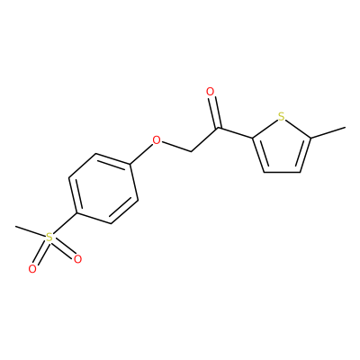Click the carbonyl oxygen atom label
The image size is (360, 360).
211,92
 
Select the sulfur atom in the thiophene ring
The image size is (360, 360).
281,117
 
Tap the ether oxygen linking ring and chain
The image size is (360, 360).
157,139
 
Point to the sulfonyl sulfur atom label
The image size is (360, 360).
49,238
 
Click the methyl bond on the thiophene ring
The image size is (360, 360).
328,133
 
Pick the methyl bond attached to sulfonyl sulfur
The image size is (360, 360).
30,231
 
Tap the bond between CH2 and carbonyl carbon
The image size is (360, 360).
206,139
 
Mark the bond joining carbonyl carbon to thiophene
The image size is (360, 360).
237,133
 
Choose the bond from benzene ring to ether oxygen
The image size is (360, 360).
141,154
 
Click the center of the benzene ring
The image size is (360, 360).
103,189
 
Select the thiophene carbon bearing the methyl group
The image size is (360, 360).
311,139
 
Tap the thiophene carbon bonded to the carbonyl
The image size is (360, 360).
253,139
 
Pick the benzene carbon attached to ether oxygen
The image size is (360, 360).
130,164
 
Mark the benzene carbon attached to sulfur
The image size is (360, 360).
76,213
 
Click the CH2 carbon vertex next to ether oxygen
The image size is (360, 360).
192,151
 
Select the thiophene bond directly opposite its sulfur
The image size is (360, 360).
282,172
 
